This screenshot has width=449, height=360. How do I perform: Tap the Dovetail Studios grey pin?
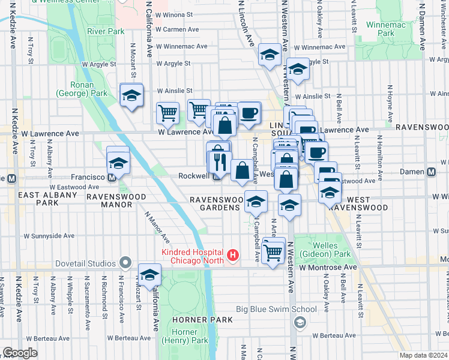point(125,263)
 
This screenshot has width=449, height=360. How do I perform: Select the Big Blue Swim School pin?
point(298,323)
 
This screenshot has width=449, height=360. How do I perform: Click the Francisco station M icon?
point(111,177)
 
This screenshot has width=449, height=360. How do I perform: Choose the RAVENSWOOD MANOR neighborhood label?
point(116,200)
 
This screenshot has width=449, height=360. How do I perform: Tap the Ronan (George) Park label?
point(82,89)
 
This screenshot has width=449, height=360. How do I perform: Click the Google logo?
point(20,353)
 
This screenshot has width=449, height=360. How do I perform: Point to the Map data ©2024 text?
point(423,355)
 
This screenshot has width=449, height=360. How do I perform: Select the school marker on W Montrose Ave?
point(149,275)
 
